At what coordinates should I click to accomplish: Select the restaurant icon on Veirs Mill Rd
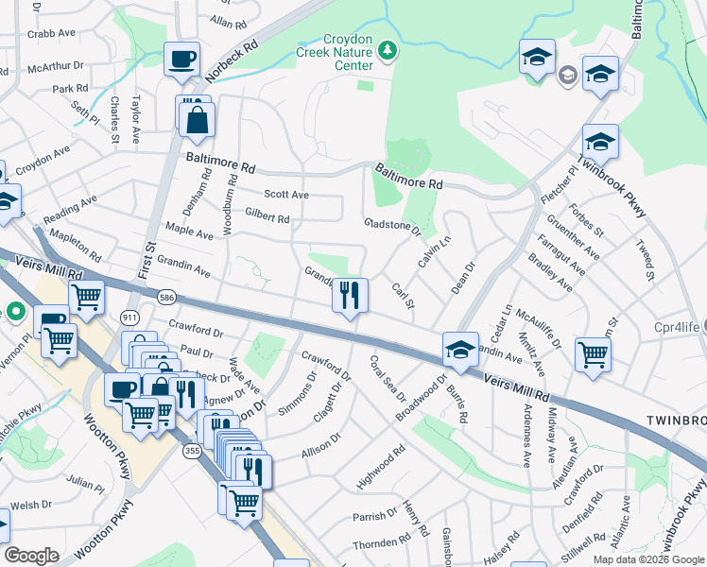[x=350, y=296]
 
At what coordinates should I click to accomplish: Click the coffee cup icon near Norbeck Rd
[x=182, y=60]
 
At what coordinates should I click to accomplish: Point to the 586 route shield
[x=166, y=296]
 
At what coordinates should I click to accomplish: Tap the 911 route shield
[x=129, y=318]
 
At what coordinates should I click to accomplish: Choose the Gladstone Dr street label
[x=391, y=225]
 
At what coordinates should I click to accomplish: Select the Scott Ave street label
[x=286, y=194]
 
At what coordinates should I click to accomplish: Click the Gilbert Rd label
[x=267, y=217]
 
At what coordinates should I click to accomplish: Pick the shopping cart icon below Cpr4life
[x=593, y=355]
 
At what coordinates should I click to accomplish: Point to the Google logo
[x=31, y=555]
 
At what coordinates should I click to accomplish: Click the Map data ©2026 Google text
[x=648, y=559]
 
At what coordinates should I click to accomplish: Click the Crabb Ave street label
[x=51, y=32]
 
